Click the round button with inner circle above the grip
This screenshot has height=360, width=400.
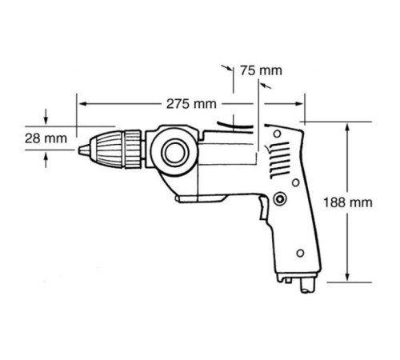(x=279, y=198)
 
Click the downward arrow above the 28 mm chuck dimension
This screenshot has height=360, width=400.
(x=50, y=118)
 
